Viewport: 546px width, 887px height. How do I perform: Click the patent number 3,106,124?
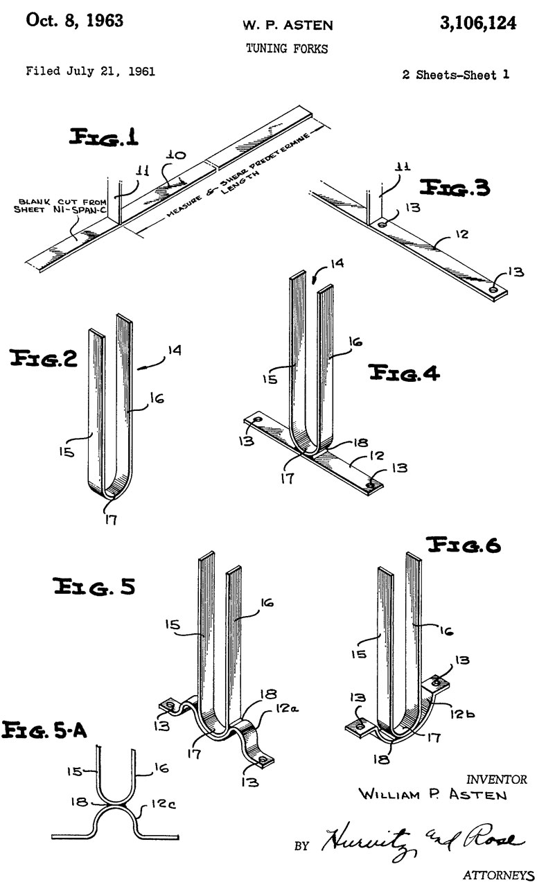tap(477, 24)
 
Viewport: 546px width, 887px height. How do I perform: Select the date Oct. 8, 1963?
tap(74, 21)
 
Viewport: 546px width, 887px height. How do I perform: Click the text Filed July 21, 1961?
tap(90, 71)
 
